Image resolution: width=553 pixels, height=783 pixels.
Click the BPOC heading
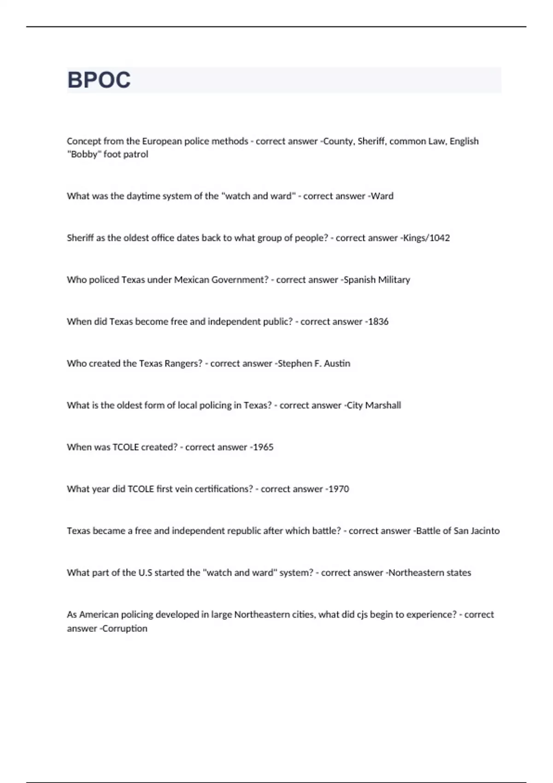pos(99,80)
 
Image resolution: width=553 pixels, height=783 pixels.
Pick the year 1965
pos(263,447)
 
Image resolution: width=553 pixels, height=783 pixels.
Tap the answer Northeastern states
pos(429,573)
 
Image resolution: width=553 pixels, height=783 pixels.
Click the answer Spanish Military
pos(377,280)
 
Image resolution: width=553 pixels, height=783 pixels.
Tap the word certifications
pos(224,489)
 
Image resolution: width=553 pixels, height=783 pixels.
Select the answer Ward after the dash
pos(382,196)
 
